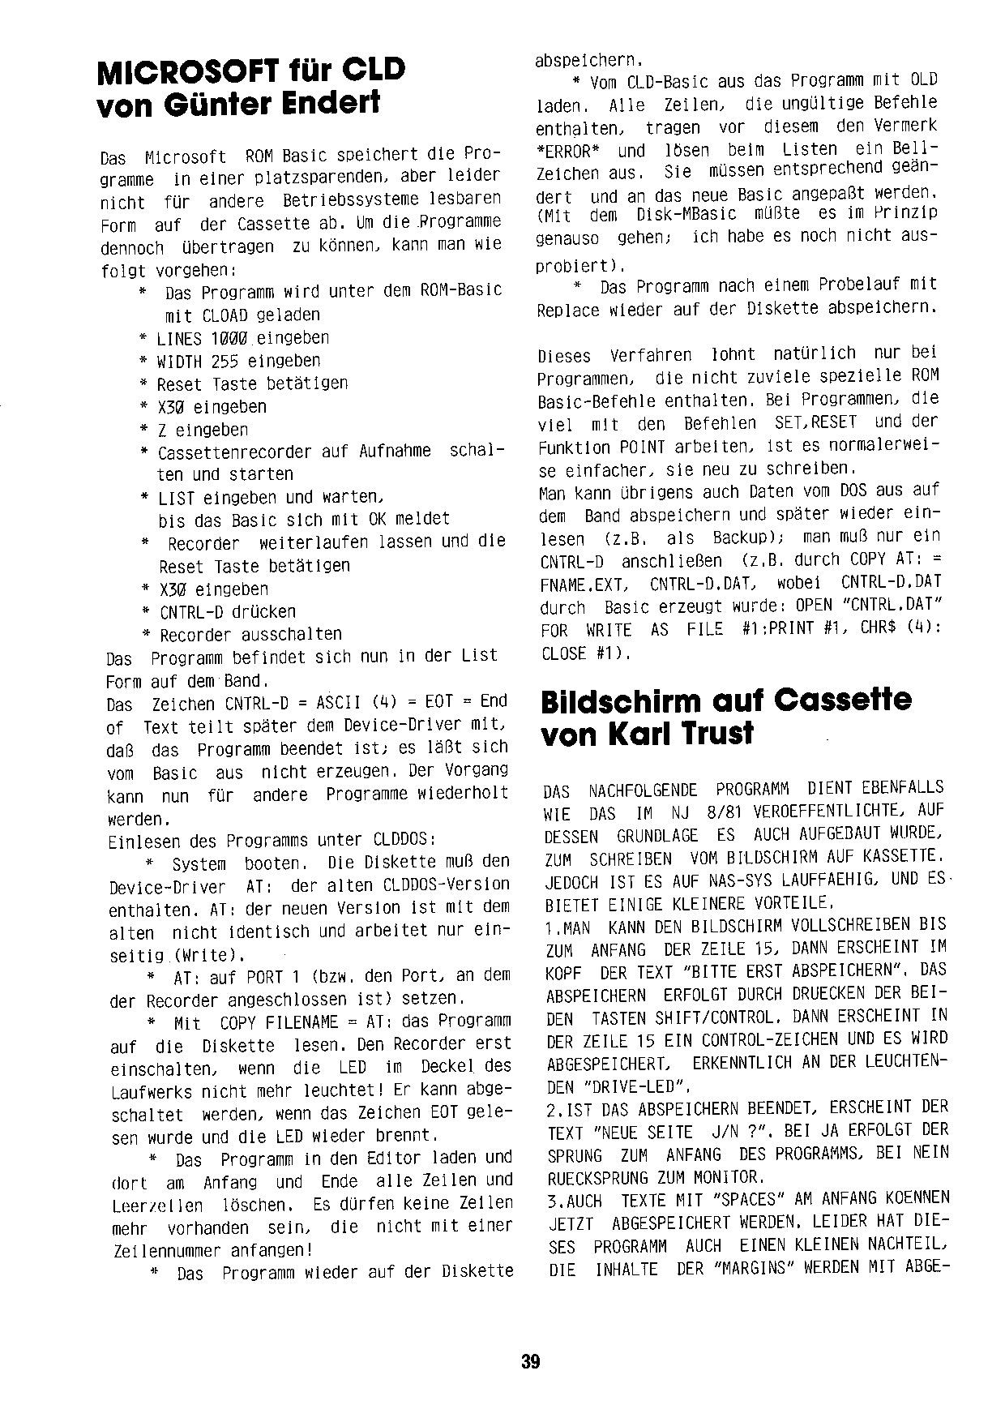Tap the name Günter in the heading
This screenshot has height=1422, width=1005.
tap(218, 105)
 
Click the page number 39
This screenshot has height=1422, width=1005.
tap(531, 1361)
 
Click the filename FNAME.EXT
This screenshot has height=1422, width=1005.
tap(584, 585)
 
